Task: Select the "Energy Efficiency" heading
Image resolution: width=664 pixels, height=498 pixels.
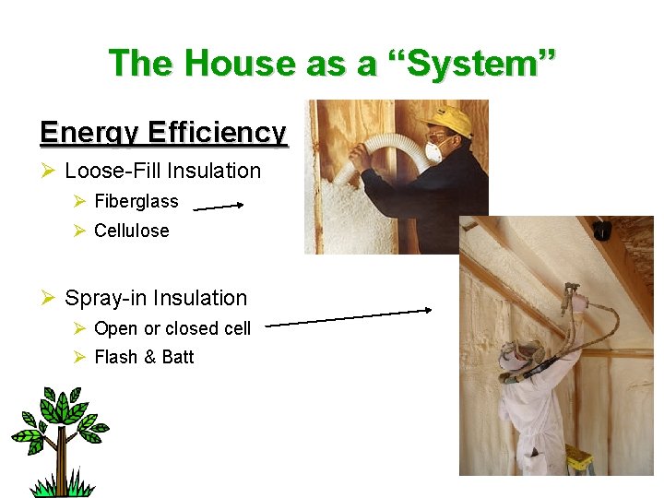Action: [x=164, y=133]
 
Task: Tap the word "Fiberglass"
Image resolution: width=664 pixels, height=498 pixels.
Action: [x=136, y=201]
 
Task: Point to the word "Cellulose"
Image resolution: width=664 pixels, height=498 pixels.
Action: [x=132, y=231]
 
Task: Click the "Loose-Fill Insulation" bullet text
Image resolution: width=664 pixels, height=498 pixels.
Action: [x=163, y=171]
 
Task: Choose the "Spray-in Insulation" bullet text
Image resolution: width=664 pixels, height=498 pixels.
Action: [x=156, y=298]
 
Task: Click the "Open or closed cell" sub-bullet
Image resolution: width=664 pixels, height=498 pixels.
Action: [x=172, y=328]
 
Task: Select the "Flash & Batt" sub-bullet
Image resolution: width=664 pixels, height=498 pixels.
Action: [x=144, y=357]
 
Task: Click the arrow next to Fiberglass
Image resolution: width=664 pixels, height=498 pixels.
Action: [x=218, y=207]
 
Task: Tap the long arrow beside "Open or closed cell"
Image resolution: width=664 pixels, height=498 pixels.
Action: [x=349, y=317]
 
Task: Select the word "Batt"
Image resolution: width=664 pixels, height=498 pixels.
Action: [x=177, y=357]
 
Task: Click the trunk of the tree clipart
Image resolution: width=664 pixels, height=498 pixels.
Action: [x=62, y=466]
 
